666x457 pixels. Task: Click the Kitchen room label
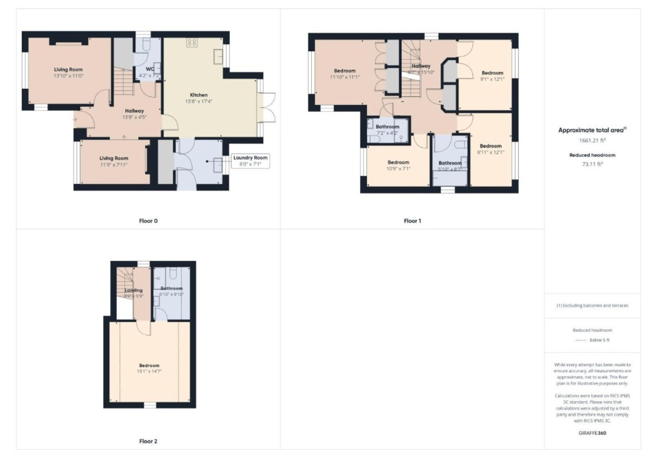pyautogui.click(x=198, y=94)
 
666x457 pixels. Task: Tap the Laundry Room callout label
pyautogui.click(x=250, y=158)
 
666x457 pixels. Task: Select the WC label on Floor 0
pyautogui.click(x=149, y=69)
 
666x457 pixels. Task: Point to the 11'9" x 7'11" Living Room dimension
pyautogui.click(x=114, y=165)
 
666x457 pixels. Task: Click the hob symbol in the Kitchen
pyautogui.click(x=193, y=43)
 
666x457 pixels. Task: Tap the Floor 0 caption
pyautogui.click(x=148, y=221)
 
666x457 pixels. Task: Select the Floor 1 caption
pyautogui.click(x=412, y=221)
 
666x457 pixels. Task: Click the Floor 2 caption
pyautogui.click(x=148, y=441)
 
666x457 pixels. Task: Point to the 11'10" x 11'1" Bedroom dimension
pyautogui.click(x=344, y=77)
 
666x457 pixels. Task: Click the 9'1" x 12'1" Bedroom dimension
pyautogui.click(x=492, y=79)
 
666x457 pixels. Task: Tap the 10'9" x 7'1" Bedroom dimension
pyautogui.click(x=398, y=169)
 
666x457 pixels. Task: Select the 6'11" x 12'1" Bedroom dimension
pyautogui.click(x=491, y=153)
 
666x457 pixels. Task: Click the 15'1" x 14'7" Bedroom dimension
pyautogui.click(x=149, y=372)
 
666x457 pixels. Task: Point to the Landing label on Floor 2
pyautogui.click(x=134, y=290)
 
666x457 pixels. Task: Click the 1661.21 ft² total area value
pyautogui.click(x=592, y=141)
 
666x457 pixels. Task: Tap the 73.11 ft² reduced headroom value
pyautogui.click(x=592, y=164)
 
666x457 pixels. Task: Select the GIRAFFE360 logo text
pyautogui.click(x=592, y=433)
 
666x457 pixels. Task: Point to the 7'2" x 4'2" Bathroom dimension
pyautogui.click(x=387, y=133)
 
